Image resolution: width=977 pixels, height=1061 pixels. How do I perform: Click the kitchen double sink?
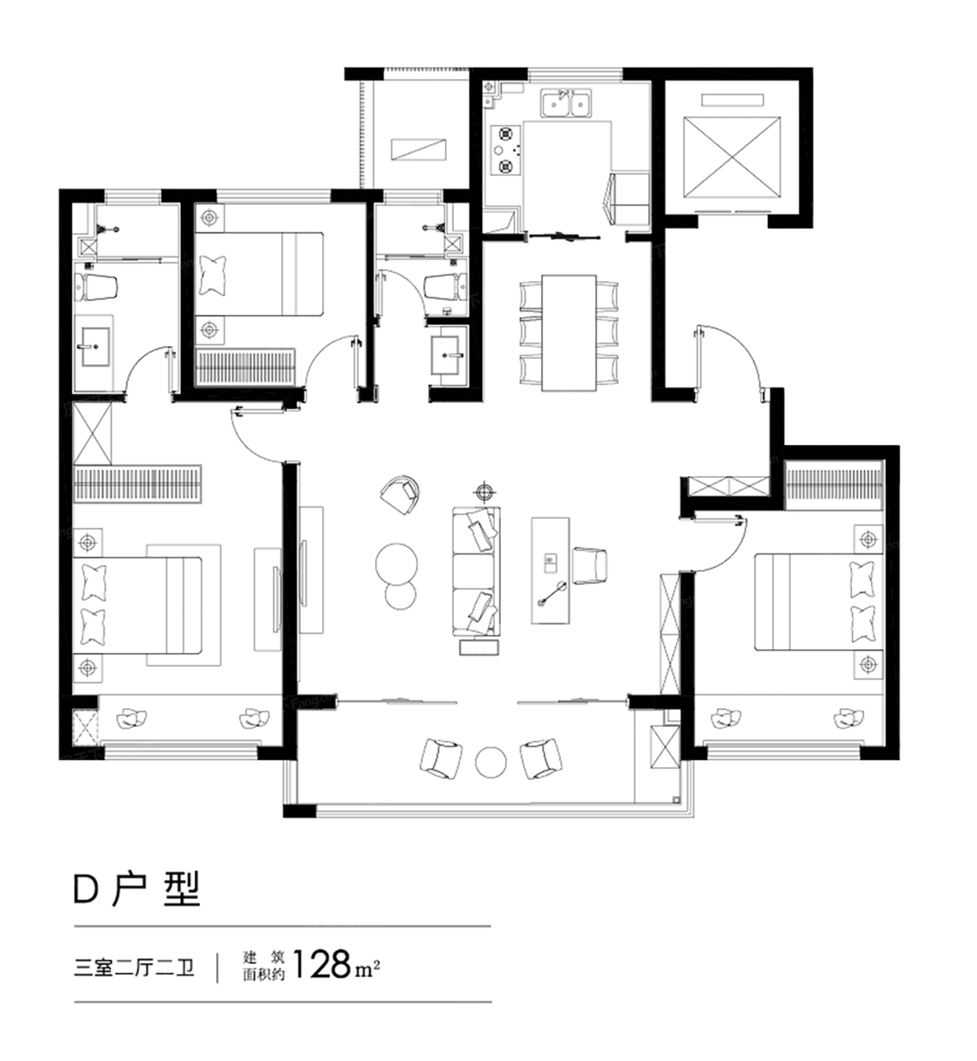[x=565, y=102]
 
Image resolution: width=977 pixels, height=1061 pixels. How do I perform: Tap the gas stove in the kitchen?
[x=504, y=150]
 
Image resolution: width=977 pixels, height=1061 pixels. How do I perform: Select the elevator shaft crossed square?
[x=731, y=157]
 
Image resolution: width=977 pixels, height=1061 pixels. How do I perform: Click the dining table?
[x=569, y=333]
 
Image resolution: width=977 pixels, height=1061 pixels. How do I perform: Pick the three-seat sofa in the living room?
[x=476, y=571]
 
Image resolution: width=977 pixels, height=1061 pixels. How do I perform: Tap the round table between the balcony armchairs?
[x=491, y=762]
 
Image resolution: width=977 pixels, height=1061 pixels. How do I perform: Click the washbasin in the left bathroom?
[x=96, y=346]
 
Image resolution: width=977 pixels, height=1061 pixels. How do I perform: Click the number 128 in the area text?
[x=321, y=964]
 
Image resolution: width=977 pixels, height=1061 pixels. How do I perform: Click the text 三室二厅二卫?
[x=134, y=967]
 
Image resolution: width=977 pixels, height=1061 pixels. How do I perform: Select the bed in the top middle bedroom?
[x=259, y=274]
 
